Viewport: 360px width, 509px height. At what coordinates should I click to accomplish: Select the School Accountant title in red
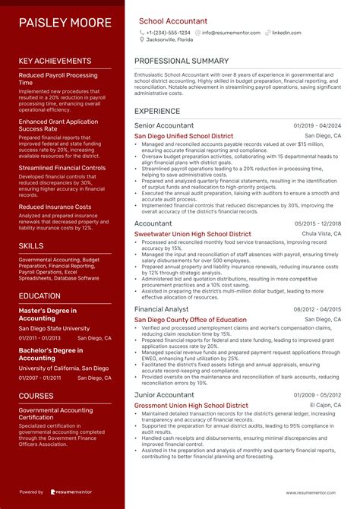(172, 21)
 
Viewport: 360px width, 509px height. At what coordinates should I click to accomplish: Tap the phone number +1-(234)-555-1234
(169, 33)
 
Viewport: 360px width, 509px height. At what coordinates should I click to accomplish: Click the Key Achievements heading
(55, 61)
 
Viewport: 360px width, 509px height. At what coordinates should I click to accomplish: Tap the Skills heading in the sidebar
(30, 247)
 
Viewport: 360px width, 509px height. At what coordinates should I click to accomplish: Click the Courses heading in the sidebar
(36, 396)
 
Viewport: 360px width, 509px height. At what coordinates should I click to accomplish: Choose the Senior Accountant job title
(163, 125)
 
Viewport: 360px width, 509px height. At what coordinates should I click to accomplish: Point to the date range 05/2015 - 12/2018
(317, 224)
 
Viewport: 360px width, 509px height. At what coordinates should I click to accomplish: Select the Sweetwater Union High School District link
(192, 235)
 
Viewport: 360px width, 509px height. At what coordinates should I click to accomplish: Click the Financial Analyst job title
(161, 310)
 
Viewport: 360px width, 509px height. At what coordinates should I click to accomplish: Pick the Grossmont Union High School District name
(191, 406)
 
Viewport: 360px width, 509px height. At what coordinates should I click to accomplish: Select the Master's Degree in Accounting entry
(48, 315)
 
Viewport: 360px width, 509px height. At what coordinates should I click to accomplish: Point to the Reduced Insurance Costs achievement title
(55, 207)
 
